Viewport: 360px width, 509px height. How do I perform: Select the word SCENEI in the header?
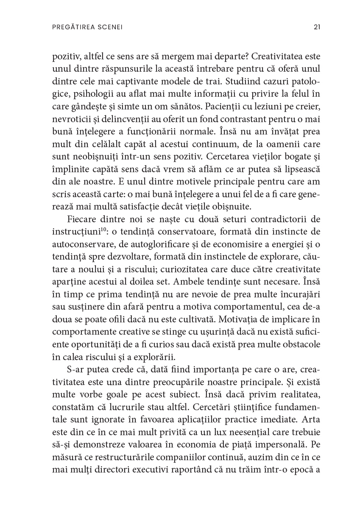click(111, 27)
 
